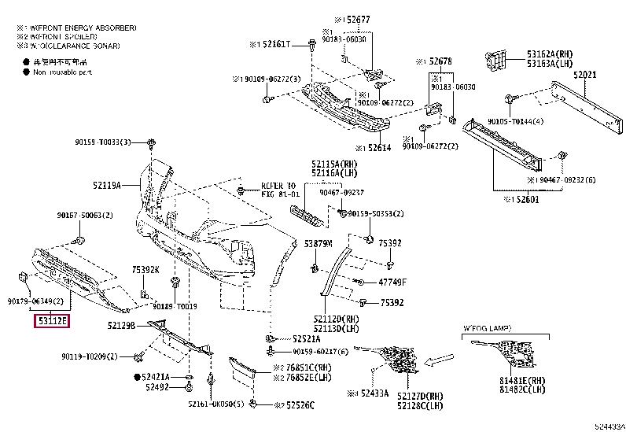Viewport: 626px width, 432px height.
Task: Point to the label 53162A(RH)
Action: (x=548, y=54)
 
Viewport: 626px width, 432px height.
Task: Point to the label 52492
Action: (x=158, y=387)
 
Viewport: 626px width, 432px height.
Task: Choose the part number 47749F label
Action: (x=392, y=281)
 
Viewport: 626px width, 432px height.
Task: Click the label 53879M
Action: (x=319, y=243)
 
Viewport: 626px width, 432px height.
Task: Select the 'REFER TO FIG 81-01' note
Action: (x=281, y=190)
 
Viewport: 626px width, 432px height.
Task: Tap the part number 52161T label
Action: (x=272, y=45)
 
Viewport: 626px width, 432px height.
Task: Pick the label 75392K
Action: (x=145, y=269)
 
